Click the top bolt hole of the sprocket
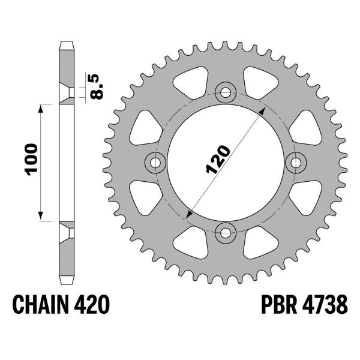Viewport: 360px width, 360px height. (226, 92)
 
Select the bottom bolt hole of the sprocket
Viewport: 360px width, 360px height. (226, 230)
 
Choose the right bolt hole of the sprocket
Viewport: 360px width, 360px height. (295, 161)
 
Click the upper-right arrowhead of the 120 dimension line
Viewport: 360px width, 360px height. (262, 112)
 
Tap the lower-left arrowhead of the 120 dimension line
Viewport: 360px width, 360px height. (190, 212)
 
